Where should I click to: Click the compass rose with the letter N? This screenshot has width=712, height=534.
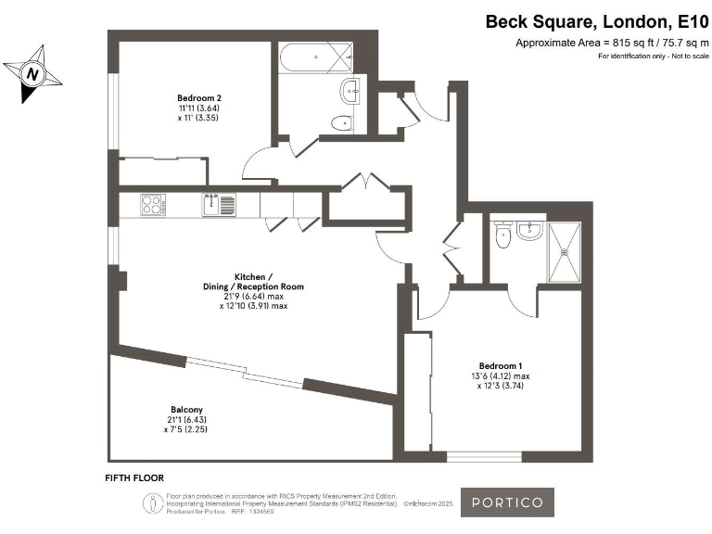pyautogui.click(x=33, y=72)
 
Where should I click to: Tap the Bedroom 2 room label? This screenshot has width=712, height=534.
pyautogui.click(x=199, y=97)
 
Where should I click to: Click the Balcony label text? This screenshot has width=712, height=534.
pyautogui.click(x=186, y=410)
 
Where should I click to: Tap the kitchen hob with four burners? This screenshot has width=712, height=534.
pyautogui.click(x=152, y=202)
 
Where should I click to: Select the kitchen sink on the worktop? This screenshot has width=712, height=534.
pyautogui.click(x=219, y=203)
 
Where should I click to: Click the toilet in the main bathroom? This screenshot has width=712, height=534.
pyautogui.click(x=341, y=121)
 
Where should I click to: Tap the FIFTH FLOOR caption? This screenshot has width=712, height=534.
pyautogui.click(x=134, y=477)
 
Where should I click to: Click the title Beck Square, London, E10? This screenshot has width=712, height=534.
pyautogui.click(x=597, y=21)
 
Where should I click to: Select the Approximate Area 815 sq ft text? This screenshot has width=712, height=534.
pyautogui.click(x=612, y=44)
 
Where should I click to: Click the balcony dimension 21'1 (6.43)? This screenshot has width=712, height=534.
pyautogui.click(x=186, y=420)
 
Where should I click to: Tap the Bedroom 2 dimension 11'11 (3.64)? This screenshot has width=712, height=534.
pyautogui.click(x=199, y=108)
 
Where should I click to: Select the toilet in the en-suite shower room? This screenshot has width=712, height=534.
pyautogui.click(x=503, y=237)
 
